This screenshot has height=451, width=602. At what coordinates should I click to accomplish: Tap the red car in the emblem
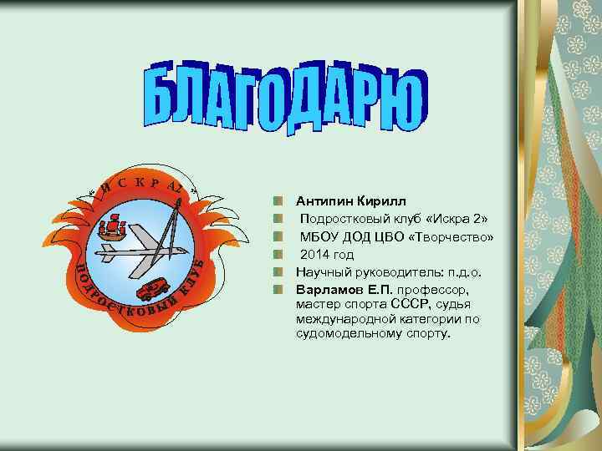(153, 289)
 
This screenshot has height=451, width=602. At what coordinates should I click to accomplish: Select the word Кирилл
(381, 200)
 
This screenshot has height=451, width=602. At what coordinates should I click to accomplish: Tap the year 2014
(315, 254)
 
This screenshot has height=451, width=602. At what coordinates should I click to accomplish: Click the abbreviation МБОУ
(319, 236)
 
